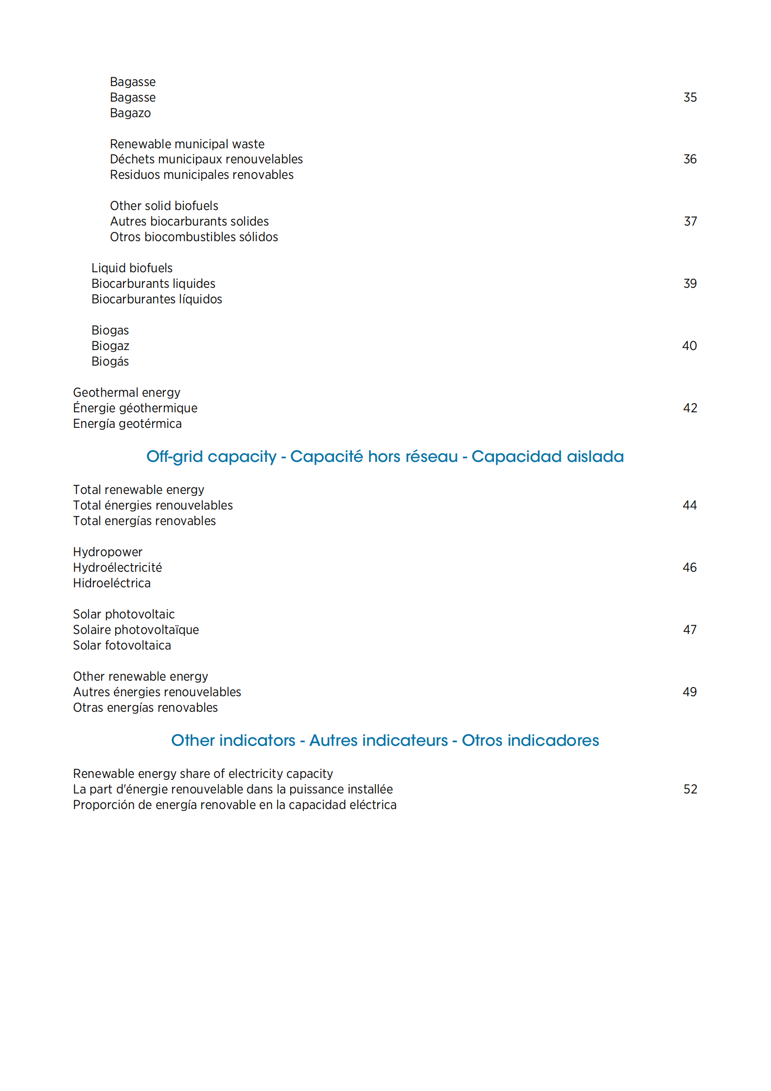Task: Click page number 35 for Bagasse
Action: (689, 97)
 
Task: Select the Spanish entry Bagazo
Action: (130, 113)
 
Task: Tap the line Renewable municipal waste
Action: (187, 144)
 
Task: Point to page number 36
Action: (689, 159)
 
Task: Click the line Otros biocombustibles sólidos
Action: (194, 237)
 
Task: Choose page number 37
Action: (690, 221)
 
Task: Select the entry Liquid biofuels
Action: (132, 268)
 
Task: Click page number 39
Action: (689, 283)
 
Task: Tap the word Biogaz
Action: (110, 346)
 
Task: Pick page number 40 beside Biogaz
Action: (689, 346)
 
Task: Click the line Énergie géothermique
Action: (135, 408)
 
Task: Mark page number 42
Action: (689, 408)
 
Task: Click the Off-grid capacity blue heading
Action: (385, 457)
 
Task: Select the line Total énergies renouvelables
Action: (153, 505)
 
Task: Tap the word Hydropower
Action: (107, 552)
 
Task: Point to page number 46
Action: (689, 567)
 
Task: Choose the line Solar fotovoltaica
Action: (122, 645)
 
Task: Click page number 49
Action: (689, 692)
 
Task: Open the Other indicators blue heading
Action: (385, 740)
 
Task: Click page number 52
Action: (690, 789)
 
